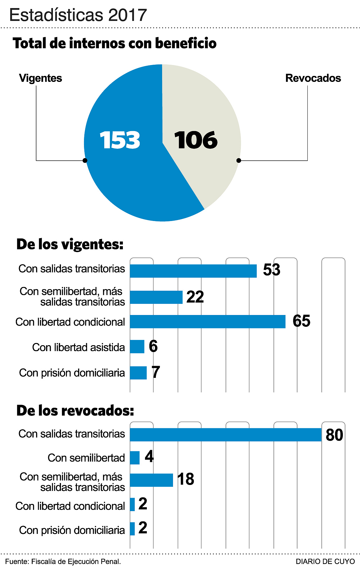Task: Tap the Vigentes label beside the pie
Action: [40, 78]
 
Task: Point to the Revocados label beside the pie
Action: [313, 78]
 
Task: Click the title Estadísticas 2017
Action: [78, 15]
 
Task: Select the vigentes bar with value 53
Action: [193, 271]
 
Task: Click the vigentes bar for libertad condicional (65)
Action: [208, 322]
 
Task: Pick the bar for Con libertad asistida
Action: [137, 347]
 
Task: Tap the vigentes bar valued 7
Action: [138, 373]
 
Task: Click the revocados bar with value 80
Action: [226, 435]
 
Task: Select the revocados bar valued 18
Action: [151, 480]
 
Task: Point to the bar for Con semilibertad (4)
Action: [135, 458]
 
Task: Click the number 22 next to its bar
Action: [195, 297]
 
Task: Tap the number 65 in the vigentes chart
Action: [302, 321]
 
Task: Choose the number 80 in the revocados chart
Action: [334, 435]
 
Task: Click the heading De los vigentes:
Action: [70, 244]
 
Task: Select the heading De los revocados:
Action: [75, 411]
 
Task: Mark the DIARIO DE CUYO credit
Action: [325, 562]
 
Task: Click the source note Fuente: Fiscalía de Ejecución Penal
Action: [63, 562]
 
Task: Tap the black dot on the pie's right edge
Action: [239, 161]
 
